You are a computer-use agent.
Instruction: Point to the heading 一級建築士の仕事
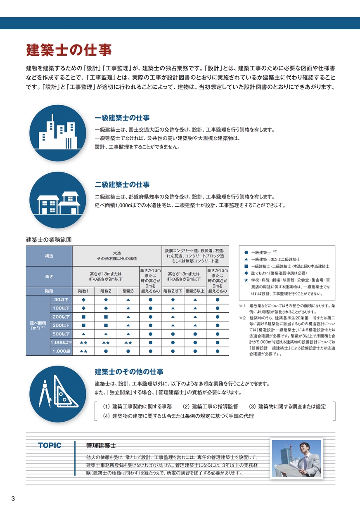tap(122, 118)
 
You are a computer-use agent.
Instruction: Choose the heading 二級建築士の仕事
tap(122, 184)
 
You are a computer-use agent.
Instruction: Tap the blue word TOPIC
tap(50, 446)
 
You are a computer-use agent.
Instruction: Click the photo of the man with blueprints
tap(296, 458)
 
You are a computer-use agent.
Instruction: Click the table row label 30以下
tap(61, 300)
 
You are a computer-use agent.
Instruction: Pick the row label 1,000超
tap(61, 351)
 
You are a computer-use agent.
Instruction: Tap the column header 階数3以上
tap(195, 291)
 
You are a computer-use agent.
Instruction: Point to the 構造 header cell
tap(49, 256)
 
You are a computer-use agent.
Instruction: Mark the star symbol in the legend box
tap(246, 280)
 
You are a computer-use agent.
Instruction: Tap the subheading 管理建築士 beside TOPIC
tap(101, 446)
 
